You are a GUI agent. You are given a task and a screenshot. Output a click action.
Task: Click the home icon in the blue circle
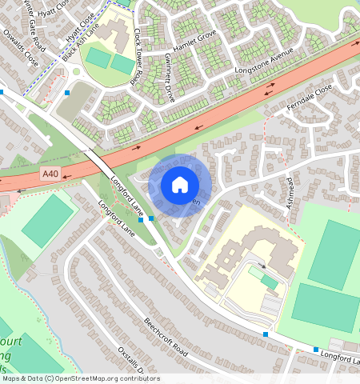click(180, 185)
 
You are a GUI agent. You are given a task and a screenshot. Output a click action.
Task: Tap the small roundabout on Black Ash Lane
click(76, 71)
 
